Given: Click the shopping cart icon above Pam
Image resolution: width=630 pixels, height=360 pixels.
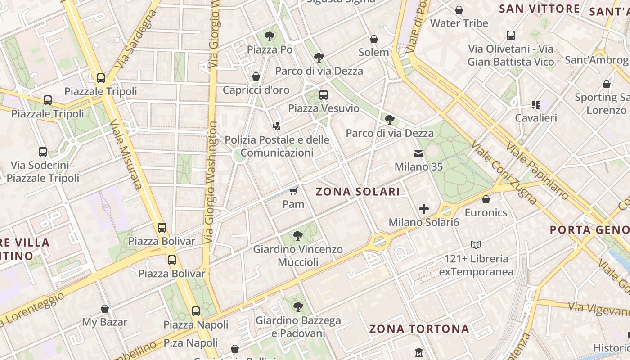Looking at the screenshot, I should [293, 191].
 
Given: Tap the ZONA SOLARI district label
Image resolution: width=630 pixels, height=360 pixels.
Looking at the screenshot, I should [358, 192].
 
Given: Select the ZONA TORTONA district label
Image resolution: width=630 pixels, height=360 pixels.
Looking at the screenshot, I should [419, 329].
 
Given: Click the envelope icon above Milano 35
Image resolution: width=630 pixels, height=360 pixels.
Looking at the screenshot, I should [418, 154].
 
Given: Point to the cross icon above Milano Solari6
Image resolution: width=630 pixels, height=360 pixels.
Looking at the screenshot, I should [423, 209].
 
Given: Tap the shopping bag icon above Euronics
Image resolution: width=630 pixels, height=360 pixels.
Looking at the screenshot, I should [486, 199].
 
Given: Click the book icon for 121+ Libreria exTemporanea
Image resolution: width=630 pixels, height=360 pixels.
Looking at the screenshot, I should [476, 245].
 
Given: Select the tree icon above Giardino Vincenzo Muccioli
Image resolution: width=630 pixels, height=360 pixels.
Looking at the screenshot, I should [297, 235].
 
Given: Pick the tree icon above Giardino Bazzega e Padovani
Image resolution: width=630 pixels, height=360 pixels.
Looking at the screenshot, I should [297, 307].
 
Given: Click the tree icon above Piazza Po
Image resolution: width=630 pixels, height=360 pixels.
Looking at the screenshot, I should [270, 36].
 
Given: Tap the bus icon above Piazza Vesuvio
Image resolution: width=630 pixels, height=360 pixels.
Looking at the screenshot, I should [324, 95].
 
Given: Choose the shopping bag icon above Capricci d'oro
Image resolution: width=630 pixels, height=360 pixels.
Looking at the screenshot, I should [256, 77].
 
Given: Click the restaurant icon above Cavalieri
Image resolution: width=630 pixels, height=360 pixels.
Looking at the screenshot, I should [535, 105].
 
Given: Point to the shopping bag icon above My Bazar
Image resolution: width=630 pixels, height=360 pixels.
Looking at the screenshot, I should [105, 309].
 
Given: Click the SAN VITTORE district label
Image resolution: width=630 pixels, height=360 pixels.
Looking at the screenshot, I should [540, 9].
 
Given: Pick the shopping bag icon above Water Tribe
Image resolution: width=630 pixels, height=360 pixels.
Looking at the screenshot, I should [459, 10].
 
